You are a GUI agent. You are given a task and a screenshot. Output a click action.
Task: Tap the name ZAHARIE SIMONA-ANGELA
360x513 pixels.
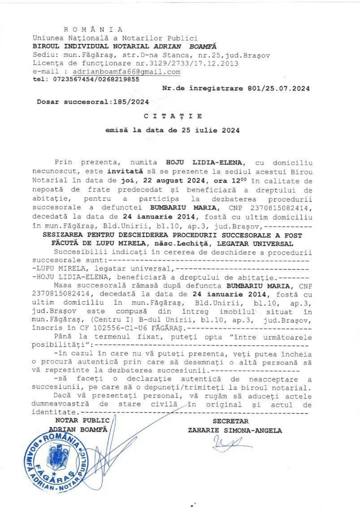point(235,430)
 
